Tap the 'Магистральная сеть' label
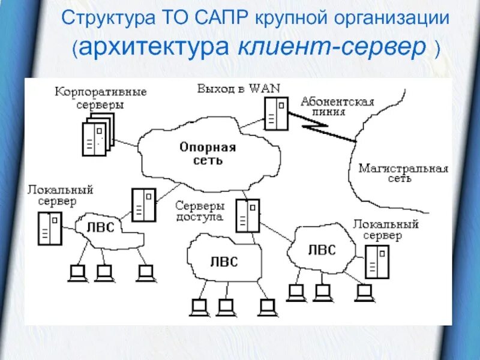click(x=403, y=173)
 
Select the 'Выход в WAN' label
click(x=238, y=88)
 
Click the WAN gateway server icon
click(x=275, y=113)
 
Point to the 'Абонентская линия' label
click(x=337, y=106)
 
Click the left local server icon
click(x=50, y=228)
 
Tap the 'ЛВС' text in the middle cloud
click(x=223, y=262)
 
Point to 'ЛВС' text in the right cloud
click(x=322, y=250)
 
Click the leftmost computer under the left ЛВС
click(x=77, y=274)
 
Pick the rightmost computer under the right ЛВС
click(x=363, y=293)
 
